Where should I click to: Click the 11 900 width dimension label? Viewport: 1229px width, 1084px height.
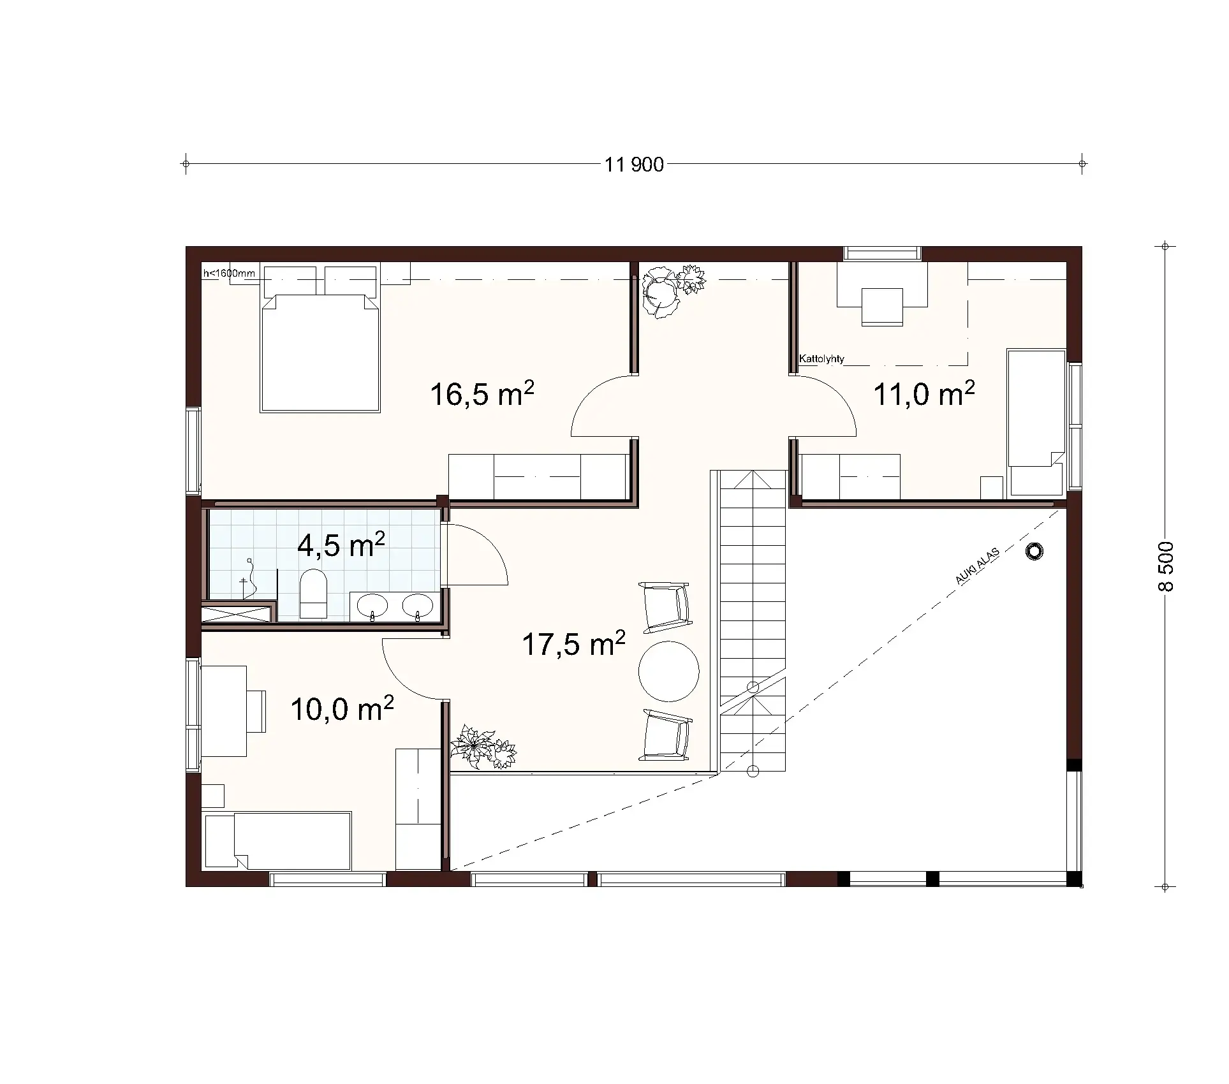634,165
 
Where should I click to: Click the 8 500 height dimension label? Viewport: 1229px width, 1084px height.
1165,566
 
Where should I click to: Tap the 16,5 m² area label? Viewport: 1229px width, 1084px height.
482,393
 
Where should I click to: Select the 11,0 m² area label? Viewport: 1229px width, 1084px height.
924,393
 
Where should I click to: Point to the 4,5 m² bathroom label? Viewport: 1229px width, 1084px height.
341,545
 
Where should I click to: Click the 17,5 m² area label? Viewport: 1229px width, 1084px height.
573,644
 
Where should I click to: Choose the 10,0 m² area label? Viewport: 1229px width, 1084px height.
342,708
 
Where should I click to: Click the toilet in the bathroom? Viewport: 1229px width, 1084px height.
313,593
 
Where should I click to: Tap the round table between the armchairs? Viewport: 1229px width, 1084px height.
668,671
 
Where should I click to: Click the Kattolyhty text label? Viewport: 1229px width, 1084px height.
821,359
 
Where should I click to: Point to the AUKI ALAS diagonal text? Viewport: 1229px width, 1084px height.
976,566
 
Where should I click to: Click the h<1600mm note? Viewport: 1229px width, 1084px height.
229,274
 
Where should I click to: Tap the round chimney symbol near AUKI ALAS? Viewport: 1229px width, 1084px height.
1034,552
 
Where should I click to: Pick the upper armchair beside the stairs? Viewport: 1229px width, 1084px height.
666,606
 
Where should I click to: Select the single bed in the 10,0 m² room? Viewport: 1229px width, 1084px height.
277,840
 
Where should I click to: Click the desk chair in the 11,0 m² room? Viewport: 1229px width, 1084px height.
882,307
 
